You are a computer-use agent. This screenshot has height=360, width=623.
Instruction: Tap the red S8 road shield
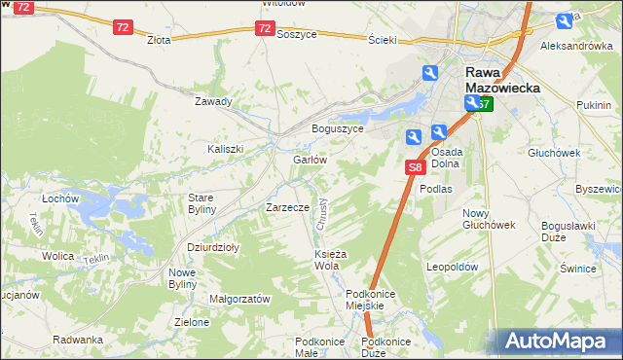click(415, 168)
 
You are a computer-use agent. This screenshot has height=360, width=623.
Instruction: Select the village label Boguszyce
click(337, 128)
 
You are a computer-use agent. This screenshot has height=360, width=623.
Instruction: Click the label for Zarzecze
click(287, 207)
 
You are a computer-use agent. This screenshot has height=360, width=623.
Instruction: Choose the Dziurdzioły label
click(213, 247)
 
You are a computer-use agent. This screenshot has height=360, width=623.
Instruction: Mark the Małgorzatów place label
click(239, 300)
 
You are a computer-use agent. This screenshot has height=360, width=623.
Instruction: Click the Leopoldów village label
click(453, 266)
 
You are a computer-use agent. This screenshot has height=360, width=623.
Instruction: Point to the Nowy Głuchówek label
click(489, 219)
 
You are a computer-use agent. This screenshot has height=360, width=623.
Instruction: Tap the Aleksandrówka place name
click(576, 46)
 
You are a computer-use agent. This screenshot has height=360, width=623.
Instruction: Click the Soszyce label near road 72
click(297, 33)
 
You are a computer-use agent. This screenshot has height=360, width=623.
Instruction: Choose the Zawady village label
click(213, 101)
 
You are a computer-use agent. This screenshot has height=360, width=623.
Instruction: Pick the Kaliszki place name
click(225, 149)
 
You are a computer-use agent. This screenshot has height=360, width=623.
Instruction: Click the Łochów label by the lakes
click(59, 198)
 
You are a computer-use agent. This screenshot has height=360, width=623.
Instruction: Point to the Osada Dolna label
click(446, 159)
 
